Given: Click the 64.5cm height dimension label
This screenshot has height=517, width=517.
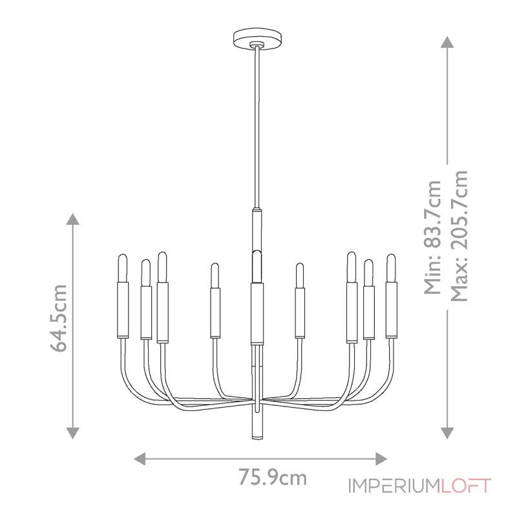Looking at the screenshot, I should pyautogui.click(x=59, y=318).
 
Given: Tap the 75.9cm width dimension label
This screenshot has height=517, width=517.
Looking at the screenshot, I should pyautogui.click(x=272, y=478).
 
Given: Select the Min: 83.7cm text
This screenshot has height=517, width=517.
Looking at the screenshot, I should pyautogui.click(x=431, y=237).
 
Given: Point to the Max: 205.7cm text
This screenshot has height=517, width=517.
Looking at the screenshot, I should pyautogui.click(x=459, y=237).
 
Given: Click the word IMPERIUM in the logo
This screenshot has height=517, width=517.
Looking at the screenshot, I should pyautogui.click(x=394, y=486).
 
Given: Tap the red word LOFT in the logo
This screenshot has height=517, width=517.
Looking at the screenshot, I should pyautogui.click(x=466, y=486).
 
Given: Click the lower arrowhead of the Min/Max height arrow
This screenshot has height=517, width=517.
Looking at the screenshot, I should pyautogui.click(x=446, y=432).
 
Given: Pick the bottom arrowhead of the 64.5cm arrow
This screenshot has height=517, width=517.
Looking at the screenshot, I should pyautogui.click(x=74, y=432).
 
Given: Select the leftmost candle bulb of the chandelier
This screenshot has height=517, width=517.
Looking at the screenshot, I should pyautogui.click(x=122, y=268).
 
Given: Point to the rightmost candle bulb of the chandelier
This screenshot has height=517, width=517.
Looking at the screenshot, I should pyautogui.click(x=391, y=268).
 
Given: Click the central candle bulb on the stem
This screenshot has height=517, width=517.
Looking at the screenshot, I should pyautogui.click(x=257, y=265).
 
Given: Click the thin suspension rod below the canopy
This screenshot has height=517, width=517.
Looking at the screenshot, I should pyautogui.click(x=257, y=129).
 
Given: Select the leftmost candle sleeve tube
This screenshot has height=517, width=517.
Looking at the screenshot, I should pyautogui.click(x=122, y=310).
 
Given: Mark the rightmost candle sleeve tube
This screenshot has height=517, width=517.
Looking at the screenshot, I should pyautogui.click(x=391, y=310).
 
